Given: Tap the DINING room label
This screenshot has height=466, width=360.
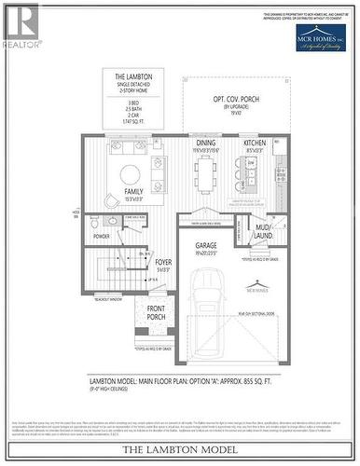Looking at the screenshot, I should point(205,143).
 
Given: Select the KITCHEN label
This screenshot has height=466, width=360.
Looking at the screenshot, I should point(256,143).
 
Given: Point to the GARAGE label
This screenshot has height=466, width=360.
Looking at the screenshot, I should point(205,245).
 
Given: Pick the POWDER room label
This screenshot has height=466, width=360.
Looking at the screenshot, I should point(102,236).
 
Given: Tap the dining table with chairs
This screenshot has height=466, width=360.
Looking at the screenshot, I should point(207,173).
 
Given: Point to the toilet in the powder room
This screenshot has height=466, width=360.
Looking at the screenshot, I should point(95,225).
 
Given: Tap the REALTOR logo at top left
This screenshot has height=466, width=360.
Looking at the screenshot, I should point(21,26).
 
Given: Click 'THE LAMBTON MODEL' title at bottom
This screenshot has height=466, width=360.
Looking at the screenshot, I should point(180,450).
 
